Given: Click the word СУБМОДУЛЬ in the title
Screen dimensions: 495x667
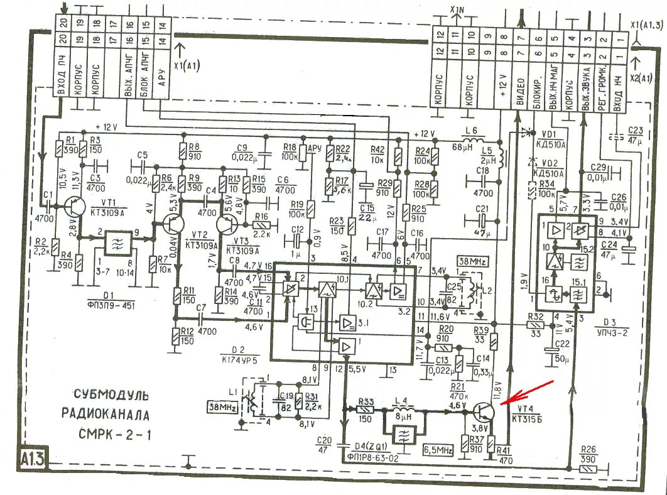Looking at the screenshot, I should (111, 395).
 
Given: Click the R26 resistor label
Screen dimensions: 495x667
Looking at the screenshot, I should (588, 450).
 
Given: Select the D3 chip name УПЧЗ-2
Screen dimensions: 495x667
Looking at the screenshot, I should (613, 334).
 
